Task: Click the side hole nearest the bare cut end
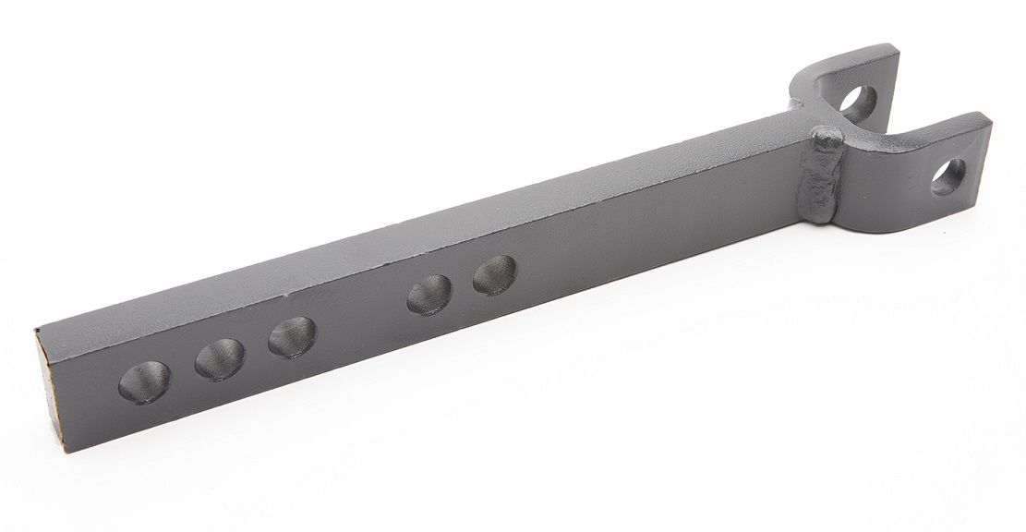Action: (145, 381)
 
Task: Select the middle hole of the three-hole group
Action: (220, 358)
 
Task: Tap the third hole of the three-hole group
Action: (292, 336)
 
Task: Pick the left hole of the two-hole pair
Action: (429, 295)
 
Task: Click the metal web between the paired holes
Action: (463, 285)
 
